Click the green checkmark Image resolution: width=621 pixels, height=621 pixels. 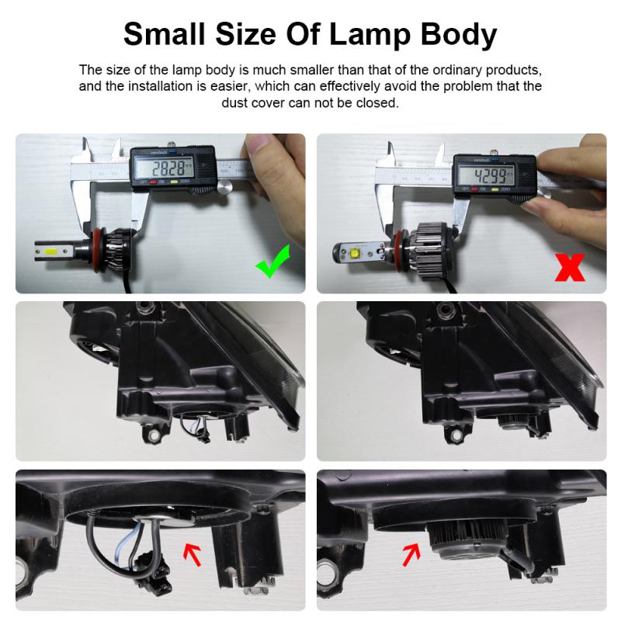272,262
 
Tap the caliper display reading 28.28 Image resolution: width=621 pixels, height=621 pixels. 172,169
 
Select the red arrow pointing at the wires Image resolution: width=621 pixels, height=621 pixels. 190,553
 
